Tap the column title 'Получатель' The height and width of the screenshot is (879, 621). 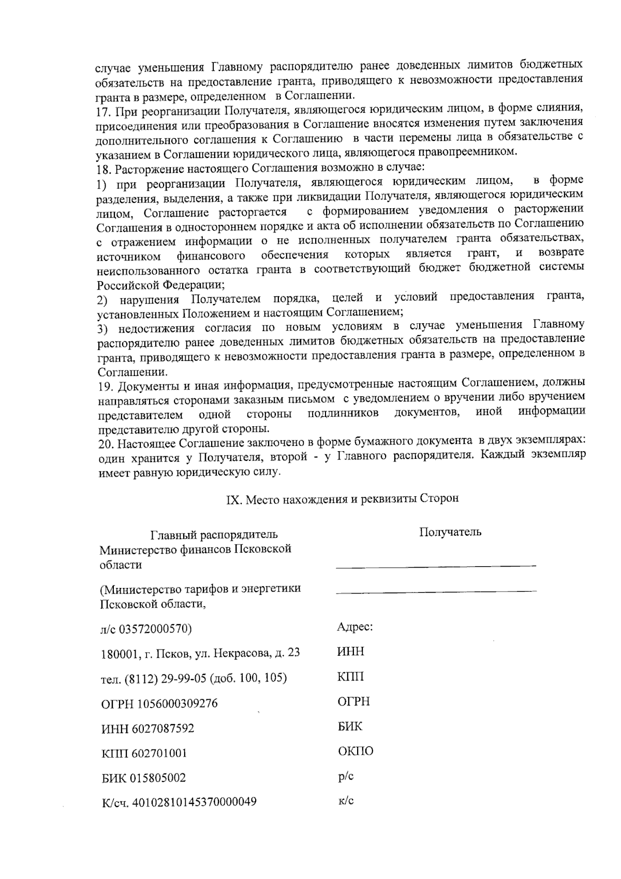pyautogui.click(x=450, y=532)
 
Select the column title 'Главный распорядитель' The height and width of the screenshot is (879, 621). pyautogui.click(x=214, y=535)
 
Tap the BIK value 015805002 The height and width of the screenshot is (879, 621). pyautogui.click(x=158, y=779)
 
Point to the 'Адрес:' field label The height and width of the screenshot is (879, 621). pyautogui.click(x=355, y=627)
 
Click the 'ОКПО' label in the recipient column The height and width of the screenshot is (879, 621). pyautogui.click(x=356, y=752)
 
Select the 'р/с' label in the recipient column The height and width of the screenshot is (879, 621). pyautogui.click(x=346, y=777)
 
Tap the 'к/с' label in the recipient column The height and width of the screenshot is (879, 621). pyautogui.click(x=346, y=801)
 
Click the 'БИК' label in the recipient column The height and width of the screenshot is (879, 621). pyautogui.click(x=350, y=727)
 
